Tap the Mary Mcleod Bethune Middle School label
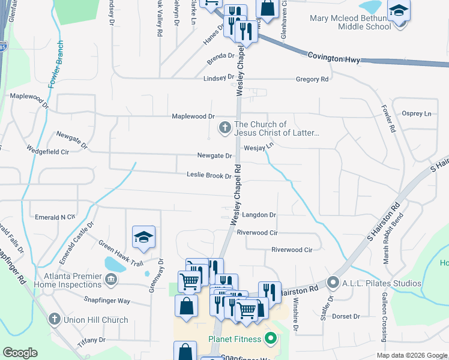tap(351, 22)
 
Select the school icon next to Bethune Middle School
tap(398, 12)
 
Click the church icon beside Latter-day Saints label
tap(224, 127)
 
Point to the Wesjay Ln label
tap(259, 146)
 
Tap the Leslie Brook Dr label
tap(209, 176)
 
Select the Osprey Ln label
tap(416, 113)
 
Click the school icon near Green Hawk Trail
tap(144, 238)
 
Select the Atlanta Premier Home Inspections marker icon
tap(110, 279)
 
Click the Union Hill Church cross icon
tap(53, 319)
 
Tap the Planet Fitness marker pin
tap(271, 339)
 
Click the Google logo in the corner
tap(20, 353)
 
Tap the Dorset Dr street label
tap(346, 316)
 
